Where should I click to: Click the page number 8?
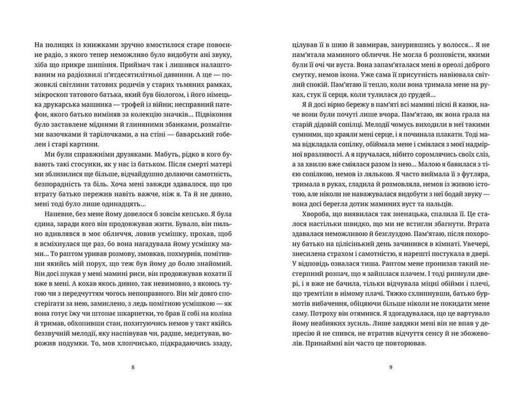(134, 366)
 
